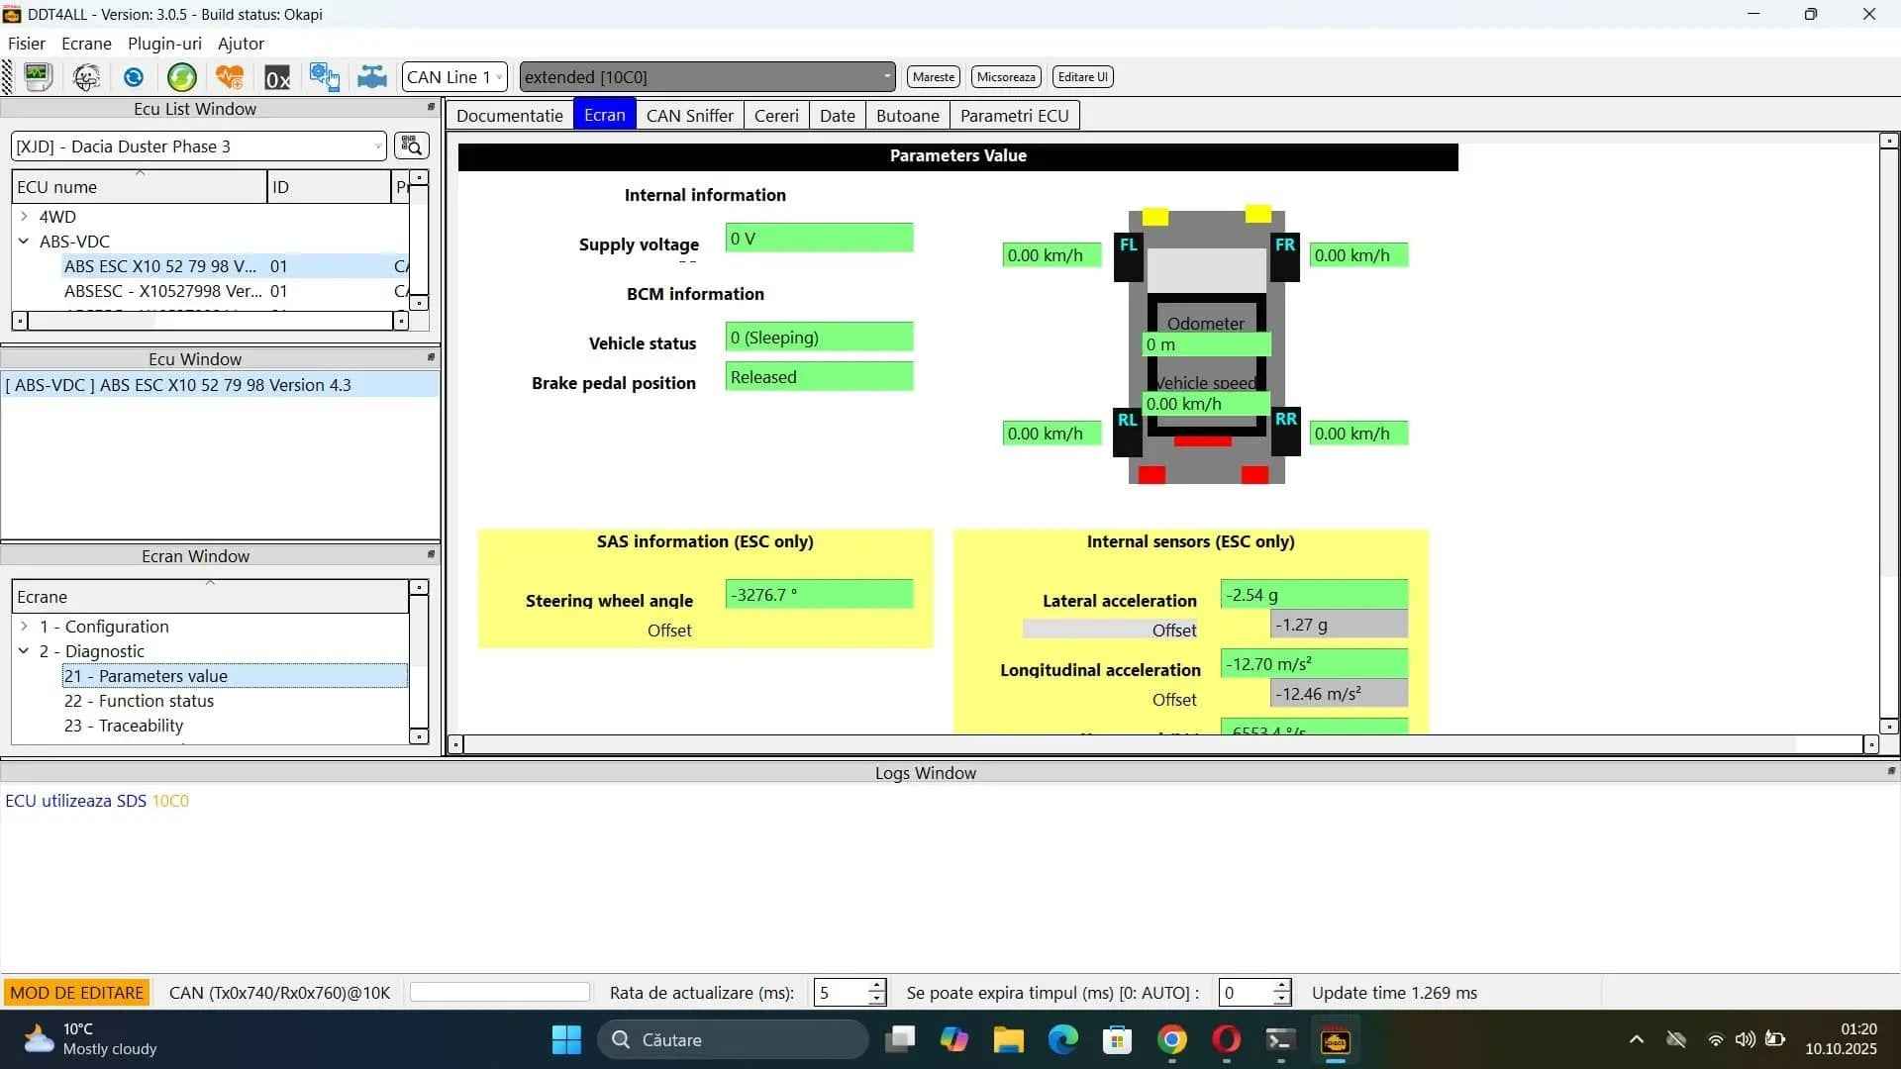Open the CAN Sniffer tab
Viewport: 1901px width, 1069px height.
(689, 116)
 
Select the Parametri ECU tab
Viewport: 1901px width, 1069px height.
(1014, 116)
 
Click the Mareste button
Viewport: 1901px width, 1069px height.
(933, 77)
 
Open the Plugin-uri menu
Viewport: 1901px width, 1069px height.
(164, 44)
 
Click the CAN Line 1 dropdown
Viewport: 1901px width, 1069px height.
(454, 77)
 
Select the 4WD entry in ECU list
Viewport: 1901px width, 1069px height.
(57, 217)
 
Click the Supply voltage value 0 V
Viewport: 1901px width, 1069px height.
(818, 239)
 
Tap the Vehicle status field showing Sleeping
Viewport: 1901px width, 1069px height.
(818, 338)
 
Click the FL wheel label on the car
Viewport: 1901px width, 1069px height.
(1128, 245)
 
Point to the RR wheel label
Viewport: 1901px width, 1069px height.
(1285, 420)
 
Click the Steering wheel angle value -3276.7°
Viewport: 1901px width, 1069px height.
(818, 595)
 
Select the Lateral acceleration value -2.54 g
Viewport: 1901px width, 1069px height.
(1313, 595)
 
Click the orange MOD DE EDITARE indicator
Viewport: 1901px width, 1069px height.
(77, 993)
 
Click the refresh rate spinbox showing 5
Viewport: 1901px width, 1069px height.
(840, 993)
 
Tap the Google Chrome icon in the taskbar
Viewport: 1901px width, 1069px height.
(1172, 1040)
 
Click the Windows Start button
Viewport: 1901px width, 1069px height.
(566, 1040)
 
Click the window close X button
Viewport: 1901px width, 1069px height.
(1868, 15)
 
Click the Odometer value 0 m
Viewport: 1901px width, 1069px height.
(1205, 344)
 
